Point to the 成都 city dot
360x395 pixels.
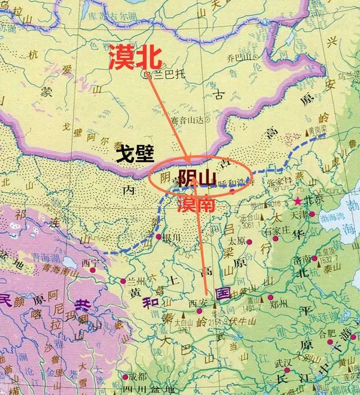(x=127, y=376)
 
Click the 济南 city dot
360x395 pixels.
(x=314, y=260)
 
